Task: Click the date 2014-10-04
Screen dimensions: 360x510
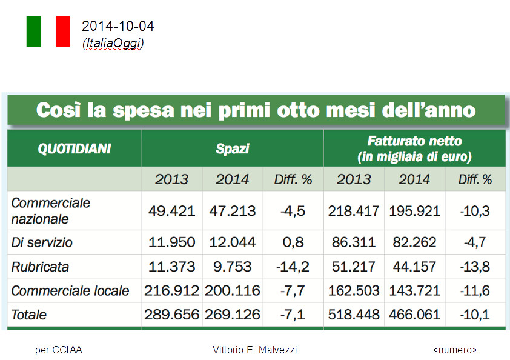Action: [118, 26]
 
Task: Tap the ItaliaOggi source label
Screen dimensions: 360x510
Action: [113, 43]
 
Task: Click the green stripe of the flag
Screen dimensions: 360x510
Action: [33, 32]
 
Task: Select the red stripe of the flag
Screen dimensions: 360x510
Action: [63, 32]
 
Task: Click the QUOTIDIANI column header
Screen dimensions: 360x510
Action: [75, 148]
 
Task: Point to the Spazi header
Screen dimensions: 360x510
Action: [233, 148]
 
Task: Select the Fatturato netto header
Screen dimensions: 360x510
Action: [414, 148]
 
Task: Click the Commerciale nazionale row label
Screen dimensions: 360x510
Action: [51, 210]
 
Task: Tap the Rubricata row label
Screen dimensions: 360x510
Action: [40, 267]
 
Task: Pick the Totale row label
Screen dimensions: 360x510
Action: [29, 315]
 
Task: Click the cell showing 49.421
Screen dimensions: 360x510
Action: [171, 211]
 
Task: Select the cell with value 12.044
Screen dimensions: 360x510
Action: [233, 242]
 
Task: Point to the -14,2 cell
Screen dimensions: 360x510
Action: [293, 267]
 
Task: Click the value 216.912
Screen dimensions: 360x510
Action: [171, 291]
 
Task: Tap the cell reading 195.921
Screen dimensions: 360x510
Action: [414, 211]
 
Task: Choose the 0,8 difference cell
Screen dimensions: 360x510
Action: [293, 242]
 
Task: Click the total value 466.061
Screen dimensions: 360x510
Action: [414, 315]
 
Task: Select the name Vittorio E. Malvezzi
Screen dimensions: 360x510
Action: [255, 350]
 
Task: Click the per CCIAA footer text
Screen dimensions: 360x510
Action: [59, 350]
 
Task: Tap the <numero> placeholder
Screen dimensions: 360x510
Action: [455, 350]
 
